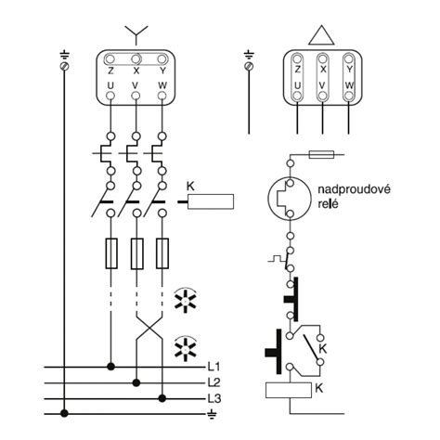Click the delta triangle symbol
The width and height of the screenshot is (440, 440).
pyautogui.click(x=321, y=35)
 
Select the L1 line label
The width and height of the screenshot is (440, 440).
pyautogui.click(x=214, y=367)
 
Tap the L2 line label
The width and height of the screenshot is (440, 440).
pyautogui.click(x=214, y=382)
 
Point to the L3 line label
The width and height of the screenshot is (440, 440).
pyautogui.click(x=214, y=398)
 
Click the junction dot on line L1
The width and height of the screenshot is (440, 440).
pyautogui.click(x=110, y=367)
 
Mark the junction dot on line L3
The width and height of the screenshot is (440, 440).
pyautogui.click(x=162, y=398)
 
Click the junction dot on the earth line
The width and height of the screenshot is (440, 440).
pyautogui.click(x=64, y=413)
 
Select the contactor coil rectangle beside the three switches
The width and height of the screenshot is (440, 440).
pyautogui.click(x=211, y=201)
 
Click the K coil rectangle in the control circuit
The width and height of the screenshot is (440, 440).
pyautogui.click(x=289, y=390)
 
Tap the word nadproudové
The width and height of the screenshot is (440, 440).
pyautogui.click(x=354, y=189)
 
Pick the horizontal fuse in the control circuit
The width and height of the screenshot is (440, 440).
pyautogui.click(x=321, y=154)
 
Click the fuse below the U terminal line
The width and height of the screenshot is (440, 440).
pyautogui.click(x=111, y=253)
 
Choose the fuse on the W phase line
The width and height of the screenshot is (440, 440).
pyautogui.click(x=162, y=253)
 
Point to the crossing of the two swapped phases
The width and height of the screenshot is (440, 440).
pyautogui.click(x=149, y=328)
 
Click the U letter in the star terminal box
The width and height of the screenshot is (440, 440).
pyautogui.click(x=110, y=85)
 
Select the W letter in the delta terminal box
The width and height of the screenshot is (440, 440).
pyautogui.click(x=349, y=85)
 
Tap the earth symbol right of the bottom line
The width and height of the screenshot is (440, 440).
pyautogui.click(x=212, y=414)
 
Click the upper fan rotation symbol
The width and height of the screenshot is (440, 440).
pyautogui.click(x=186, y=301)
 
